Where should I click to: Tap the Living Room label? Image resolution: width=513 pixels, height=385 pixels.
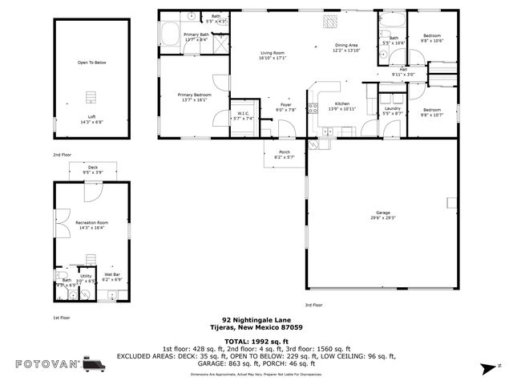pos(273,55)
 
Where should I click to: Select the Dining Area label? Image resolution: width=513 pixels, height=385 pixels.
pos(346,47)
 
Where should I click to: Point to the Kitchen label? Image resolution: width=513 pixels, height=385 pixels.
pos(342,106)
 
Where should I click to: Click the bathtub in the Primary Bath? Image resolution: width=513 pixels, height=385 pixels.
pos(171,34)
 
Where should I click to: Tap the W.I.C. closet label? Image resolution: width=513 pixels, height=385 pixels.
pos(244,115)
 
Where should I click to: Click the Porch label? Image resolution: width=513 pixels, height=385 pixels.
pos(285,154)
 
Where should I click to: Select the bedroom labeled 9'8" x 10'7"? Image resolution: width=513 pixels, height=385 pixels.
pos(432,111)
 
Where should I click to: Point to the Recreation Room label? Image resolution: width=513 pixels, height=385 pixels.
pos(91,225)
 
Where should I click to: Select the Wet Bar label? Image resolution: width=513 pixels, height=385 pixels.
pos(111,277)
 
